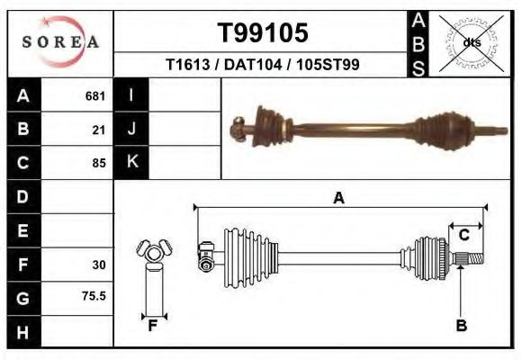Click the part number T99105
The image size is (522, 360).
pyautogui.click(x=263, y=33)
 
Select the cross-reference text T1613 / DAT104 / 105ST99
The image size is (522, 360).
pyautogui.click(x=263, y=65)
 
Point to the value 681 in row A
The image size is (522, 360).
pyautogui.click(x=95, y=95)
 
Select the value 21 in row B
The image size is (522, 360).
pyautogui.click(x=99, y=129)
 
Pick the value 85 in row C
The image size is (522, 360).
pyautogui.click(x=99, y=163)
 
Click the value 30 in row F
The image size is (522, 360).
pyautogui.click(x=99, y=265)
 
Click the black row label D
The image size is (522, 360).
pyautogui.click(x=23, y=196)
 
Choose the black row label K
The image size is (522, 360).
pyautogui.click(x=131, y=162)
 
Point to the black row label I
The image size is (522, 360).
pyautogui.click(x=131, y=94)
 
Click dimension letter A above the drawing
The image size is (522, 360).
pyautogui.click(x=339, y=198)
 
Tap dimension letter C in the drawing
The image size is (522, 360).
pyautogui.click(x=464, y=236)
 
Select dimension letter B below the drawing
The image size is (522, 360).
pyautogui.click(x=462, y=327)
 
